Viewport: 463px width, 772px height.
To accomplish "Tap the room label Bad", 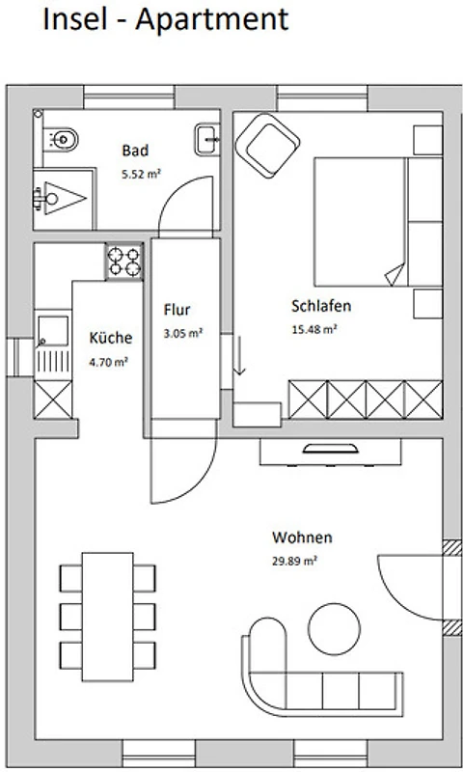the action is (135, 151).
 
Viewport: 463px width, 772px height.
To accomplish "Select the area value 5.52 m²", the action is (142, 174).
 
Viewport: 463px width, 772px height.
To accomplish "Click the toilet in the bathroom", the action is (61, 139).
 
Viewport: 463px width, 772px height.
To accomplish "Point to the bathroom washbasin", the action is (206, 140).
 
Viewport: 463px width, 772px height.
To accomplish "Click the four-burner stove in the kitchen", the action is (124, 262).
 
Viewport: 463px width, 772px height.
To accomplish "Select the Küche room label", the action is (111, 338).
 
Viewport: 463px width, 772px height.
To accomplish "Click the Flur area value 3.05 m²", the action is (183, 333).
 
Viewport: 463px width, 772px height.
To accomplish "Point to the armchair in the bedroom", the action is (267, 146).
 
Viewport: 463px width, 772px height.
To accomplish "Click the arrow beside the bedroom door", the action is (239, 355).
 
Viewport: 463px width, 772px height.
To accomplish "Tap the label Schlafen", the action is (321, 306).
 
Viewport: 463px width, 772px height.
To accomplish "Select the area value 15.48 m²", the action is (314, 329).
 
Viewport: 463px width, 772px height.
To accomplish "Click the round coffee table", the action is (334, 629).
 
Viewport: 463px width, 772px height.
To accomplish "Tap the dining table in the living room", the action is (108, 617).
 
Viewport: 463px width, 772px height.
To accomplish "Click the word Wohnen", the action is (302, 538).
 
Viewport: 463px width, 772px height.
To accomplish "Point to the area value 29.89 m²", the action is (294, 561).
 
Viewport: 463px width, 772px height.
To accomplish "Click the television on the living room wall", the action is (330, 448).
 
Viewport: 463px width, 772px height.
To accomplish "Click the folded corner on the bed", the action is (396, 274).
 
